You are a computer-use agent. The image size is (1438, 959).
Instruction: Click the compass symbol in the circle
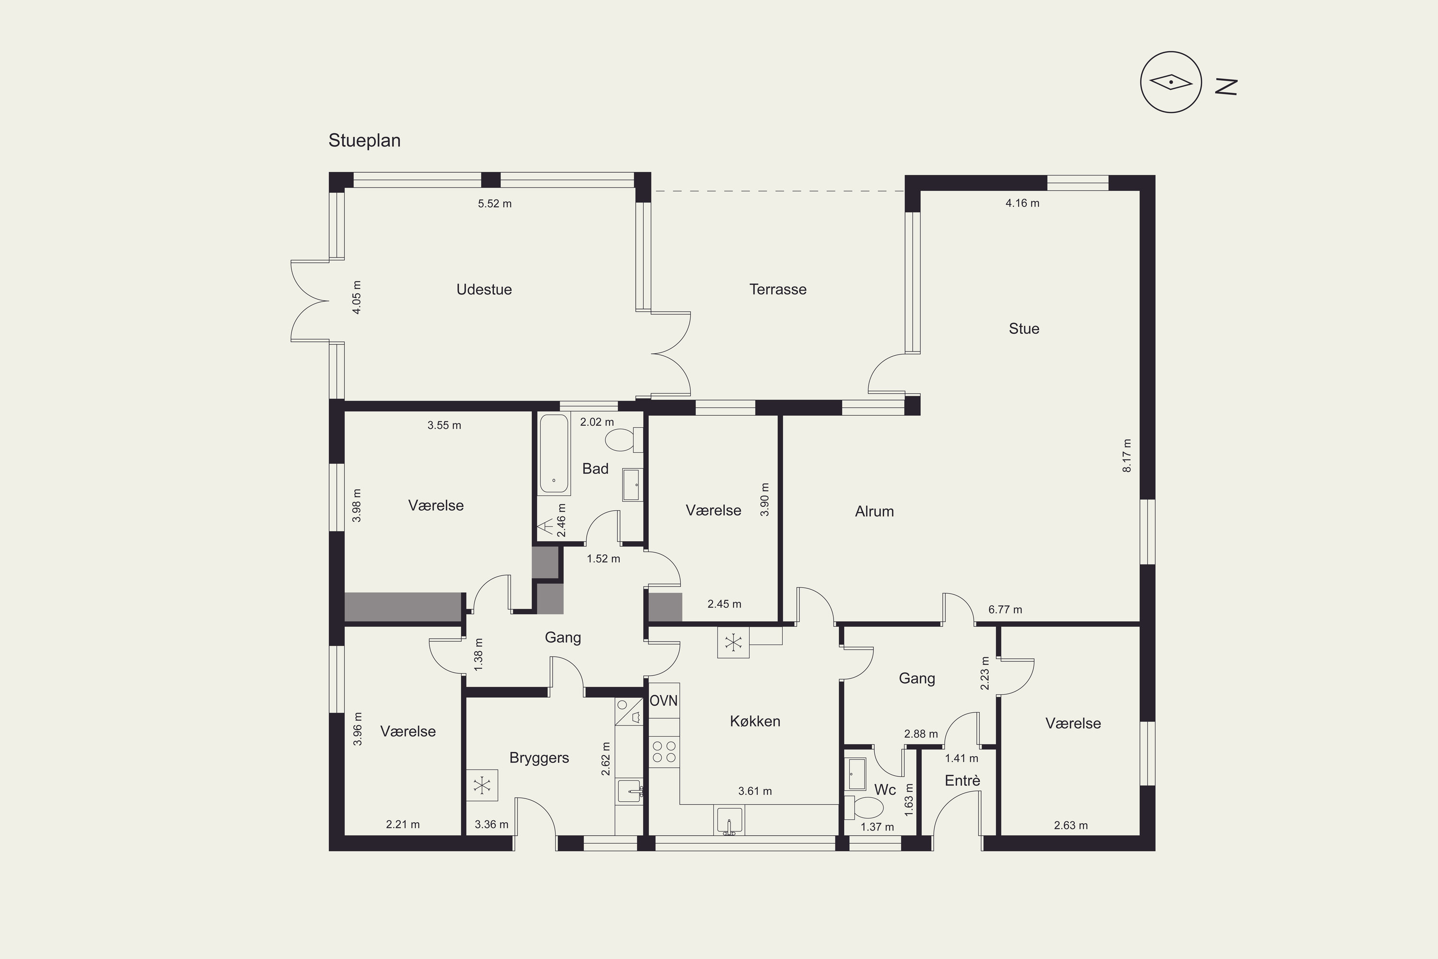pos(1171,82)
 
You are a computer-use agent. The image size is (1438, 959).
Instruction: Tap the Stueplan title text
pos(364,140)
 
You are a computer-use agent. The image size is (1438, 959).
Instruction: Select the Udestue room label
pos(484,289)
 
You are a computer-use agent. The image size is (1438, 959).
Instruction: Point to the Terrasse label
pos(777,289)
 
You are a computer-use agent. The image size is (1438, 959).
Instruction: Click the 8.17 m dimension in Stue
pos(1127,456)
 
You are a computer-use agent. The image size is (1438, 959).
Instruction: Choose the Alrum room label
pos(874,511)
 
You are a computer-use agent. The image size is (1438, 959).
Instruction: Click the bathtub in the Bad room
pos(555,455)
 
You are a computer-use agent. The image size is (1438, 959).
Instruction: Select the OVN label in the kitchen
pos(663,700)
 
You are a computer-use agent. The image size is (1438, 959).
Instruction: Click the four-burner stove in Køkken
pos(664,752)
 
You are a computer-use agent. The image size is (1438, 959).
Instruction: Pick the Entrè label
pos(963,781)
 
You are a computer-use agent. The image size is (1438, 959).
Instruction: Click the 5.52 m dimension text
pos(495,204)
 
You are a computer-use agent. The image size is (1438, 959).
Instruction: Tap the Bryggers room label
pos(539,758)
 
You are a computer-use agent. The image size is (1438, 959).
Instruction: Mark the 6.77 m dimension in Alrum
pos(1005,610)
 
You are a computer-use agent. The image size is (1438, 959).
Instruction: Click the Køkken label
pos(755,721)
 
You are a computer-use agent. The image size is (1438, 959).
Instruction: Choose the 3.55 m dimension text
pos(444,425)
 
